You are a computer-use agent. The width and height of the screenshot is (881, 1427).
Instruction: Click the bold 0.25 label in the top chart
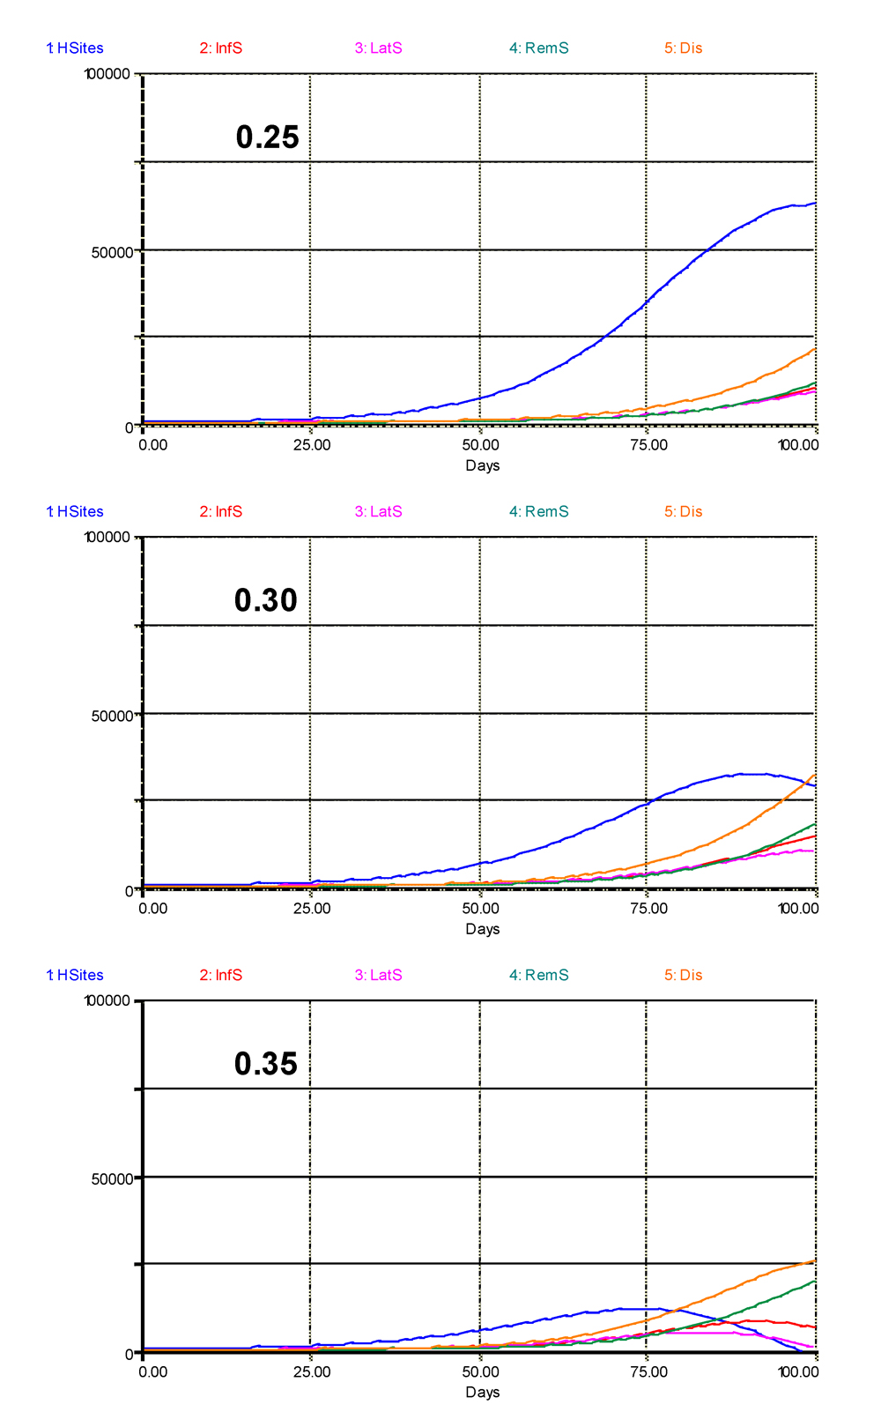[267, 137]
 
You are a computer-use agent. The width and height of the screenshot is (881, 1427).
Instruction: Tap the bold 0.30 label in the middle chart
[265, 600]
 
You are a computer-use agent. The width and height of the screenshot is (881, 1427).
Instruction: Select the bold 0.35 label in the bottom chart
[265, 1064]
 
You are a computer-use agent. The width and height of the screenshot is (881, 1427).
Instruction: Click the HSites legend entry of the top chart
[75, 48]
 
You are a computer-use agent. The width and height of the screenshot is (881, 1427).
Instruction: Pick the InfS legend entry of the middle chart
[221, 512]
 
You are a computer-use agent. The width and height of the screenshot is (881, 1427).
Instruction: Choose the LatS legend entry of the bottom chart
[379, 976]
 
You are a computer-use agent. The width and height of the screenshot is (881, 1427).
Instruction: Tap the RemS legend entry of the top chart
[539, 48]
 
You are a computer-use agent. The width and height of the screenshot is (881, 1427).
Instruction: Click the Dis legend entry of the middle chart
[684, 512]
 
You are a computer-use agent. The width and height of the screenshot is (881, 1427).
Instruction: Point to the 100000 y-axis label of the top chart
[108, 74]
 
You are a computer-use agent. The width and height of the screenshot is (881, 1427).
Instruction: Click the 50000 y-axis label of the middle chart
[113, 715]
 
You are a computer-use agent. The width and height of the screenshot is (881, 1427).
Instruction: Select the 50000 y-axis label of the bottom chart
[113, 1178]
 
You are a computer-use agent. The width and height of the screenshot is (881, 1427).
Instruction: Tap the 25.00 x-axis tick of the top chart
[312, 445]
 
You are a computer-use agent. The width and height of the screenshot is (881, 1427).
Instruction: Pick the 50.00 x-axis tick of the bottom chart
[480, 1372]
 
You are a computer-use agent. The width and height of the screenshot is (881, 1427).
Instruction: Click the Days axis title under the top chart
[482, 465]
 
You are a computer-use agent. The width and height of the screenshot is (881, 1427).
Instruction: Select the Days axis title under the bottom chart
[482, 1393]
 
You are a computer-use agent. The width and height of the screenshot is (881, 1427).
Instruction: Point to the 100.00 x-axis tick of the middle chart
[798, 909]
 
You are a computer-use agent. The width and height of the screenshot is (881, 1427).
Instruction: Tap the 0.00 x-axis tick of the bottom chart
[153, 1372]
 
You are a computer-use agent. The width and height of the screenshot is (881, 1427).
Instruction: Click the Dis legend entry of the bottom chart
[684, 976]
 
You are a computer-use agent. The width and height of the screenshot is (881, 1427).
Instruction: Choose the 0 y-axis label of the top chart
[130, 427]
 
